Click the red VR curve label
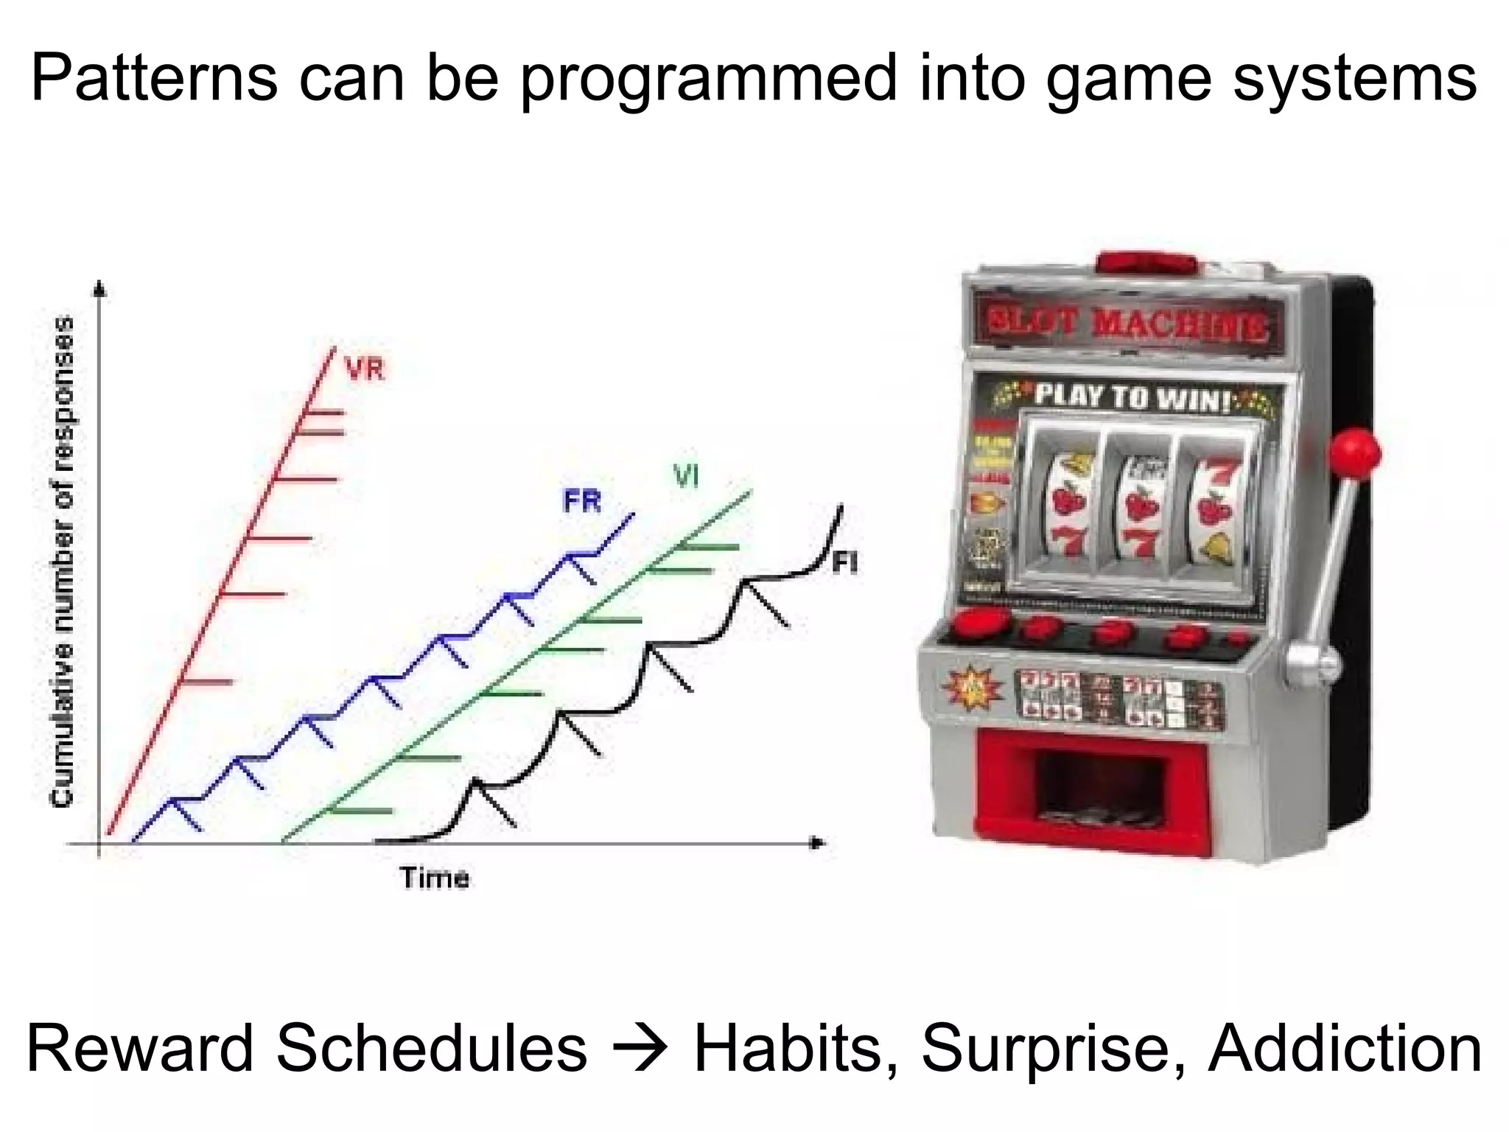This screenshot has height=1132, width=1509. (x=365, y=368)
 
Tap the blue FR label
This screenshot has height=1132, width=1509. (x=582, y=502)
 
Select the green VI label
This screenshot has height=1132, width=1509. (x=686, y=477)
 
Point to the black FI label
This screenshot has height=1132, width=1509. (x=845, y=564)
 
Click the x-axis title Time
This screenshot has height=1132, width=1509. (x=434, y=878)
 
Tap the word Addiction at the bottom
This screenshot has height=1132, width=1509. (x=1345, y=1049)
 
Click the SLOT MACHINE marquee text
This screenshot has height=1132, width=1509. (x=1128, y=324)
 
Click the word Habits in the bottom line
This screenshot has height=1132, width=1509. (x=788, y=1049)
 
